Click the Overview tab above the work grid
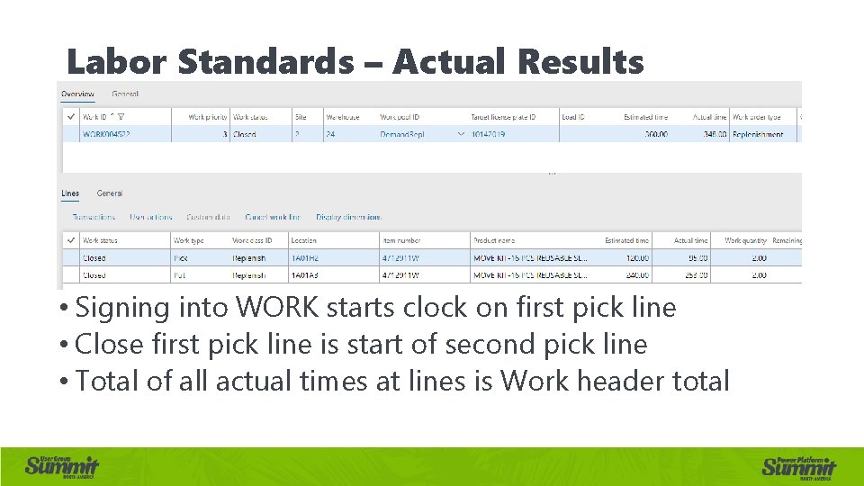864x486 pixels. (x=77, y=94)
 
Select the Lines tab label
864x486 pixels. (x=70, y=193)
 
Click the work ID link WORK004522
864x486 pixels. (x=106, y=135)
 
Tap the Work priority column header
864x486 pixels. (x=207, y=117)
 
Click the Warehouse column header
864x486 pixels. (x=343, y=117)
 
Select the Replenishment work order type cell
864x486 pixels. (x=758, y=135)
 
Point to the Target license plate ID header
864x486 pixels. (x=503, y=117)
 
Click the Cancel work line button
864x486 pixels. (x=272, y=217)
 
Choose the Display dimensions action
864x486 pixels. (x=348, y=217)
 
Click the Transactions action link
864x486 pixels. (x=94, y=217)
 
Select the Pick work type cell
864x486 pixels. (x=181, y=258)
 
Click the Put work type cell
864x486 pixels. (x=180, y=275)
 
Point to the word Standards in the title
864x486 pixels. (x=266, y=63)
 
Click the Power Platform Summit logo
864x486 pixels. (x=798, y=464)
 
